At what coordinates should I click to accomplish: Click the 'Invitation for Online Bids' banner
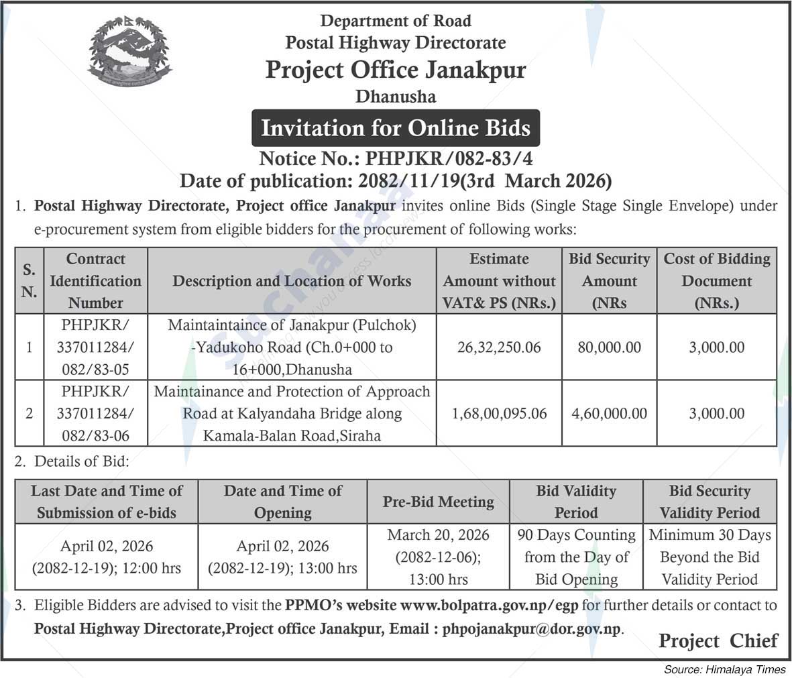tap(396, 127)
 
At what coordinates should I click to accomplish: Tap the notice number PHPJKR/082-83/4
tap(396, 159)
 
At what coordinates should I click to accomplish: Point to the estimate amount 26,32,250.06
tap(498, 347)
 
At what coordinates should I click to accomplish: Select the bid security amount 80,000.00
tap(609, 347)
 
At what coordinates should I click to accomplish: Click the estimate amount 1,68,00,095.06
tap(499, 414)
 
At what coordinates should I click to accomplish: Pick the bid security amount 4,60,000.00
tap(609, 414)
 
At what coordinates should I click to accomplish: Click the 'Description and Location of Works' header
tap(292, 281)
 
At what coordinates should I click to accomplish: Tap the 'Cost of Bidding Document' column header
tap(716, 281)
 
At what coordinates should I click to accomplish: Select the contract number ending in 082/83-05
tap(95, 347)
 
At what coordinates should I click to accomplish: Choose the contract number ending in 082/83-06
tap(95, 414)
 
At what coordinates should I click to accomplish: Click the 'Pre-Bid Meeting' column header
tap(438, 502)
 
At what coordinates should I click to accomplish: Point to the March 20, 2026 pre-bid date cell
tap(438, 557)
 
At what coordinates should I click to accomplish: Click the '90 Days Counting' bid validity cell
tap(576, 557)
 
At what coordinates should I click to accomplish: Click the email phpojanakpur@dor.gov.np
tap(532, 630)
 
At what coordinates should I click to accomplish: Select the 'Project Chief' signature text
tap(718, 641)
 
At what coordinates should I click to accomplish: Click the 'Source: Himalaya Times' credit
tap(724, 669)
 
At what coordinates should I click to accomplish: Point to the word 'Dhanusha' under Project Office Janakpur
tap(396, 97)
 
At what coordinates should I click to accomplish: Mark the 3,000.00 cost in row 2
tap(716, 414)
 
